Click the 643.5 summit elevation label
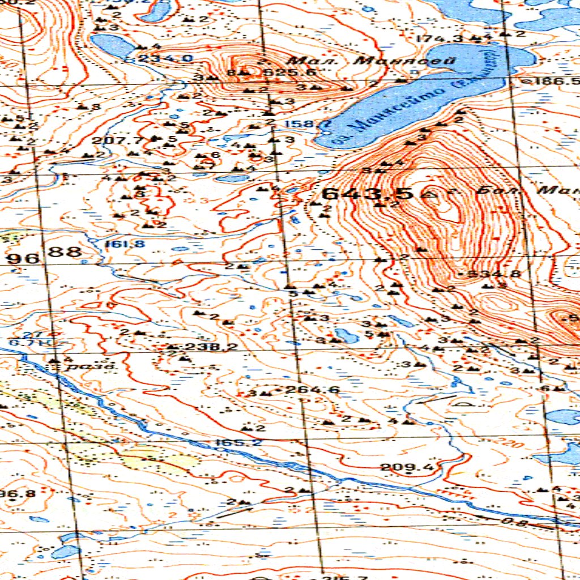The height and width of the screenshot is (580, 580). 368,194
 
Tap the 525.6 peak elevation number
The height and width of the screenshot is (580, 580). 282,72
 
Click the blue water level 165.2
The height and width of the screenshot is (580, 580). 238,442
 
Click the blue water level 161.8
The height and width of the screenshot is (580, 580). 117,244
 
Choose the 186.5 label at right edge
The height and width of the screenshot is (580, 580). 558,81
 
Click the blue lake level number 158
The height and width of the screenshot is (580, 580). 298,124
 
